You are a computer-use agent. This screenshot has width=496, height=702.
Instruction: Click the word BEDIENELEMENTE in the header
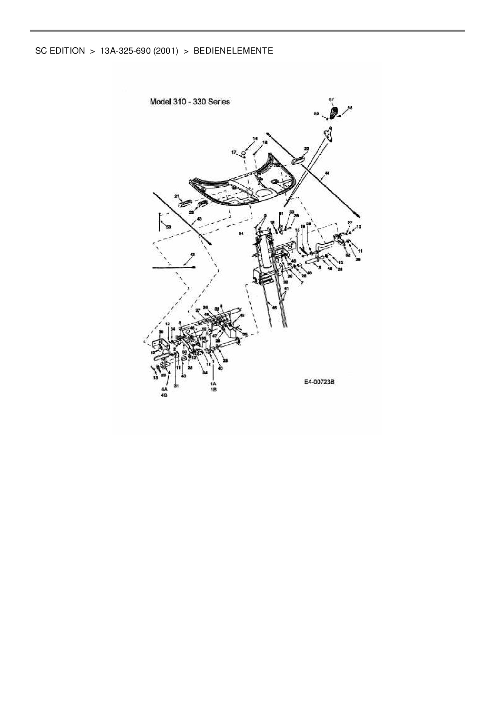pyautogui.click(x=233, y=51)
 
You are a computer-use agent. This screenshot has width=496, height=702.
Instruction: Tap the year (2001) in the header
pyautogui.click(x=165, y=51)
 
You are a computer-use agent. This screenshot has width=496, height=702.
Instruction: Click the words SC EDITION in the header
pyautogui.click(x=60, y=51)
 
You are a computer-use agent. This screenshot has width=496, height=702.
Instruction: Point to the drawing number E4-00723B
pyautogui.click(x=319, y=382)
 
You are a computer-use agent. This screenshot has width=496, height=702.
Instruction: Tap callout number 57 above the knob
pyautogui.click(x=331, y=100)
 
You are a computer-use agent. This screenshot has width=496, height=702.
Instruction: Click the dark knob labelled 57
pyautogui.click(x=333, y=112)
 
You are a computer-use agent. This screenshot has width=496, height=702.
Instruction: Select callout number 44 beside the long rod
pyautogui.click(x=327, y=173)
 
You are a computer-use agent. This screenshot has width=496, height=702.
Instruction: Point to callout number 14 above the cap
pyautogui.click(x=255, y=138)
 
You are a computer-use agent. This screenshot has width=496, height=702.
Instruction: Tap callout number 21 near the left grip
pyautogui.click(x=176, y=196)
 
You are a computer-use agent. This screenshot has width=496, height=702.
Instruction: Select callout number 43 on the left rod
pyautogui.click(x=199, y=219)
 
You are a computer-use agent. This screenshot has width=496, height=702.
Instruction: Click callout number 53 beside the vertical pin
pyautogui.click(x=168, y=227)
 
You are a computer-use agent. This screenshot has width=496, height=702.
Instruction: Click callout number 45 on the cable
pyautogui.click(x=274, y=307)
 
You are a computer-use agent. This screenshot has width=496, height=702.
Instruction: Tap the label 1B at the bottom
pyautogui.click(x=214, y=389)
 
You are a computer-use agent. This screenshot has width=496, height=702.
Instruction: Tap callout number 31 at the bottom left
pyautogui.click(x=176, y=386)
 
